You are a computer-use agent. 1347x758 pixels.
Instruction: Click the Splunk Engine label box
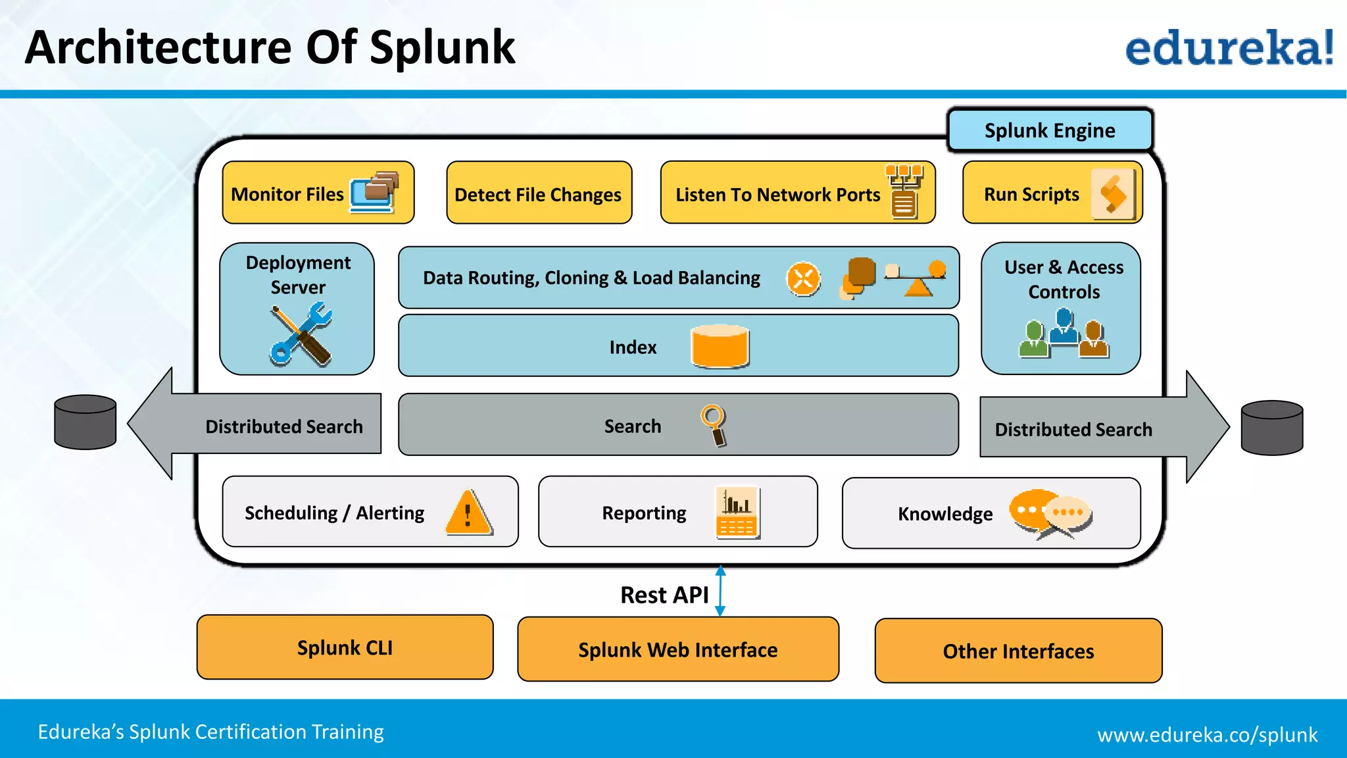1050,130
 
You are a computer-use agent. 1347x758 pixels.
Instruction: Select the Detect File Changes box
539,193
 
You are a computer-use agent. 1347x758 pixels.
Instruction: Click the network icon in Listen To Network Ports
904,191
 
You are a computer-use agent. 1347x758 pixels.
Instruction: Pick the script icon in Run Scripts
1113,194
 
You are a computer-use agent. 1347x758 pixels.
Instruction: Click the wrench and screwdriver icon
301,334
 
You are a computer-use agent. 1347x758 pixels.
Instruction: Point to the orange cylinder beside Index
720,346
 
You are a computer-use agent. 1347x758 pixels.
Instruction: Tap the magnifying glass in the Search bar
714,425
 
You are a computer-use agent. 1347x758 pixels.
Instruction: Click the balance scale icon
916,278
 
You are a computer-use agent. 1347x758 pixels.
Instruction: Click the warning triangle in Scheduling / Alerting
468,513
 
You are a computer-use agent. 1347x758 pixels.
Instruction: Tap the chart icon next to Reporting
737,513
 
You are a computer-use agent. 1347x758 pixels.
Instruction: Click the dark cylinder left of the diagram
86,422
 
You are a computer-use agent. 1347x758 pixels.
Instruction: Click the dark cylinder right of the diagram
1271,428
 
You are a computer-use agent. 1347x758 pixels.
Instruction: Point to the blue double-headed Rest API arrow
720,591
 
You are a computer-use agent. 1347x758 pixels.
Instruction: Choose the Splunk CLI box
345,647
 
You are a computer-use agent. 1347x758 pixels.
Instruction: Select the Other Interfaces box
1018,651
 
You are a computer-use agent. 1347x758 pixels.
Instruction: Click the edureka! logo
1229,48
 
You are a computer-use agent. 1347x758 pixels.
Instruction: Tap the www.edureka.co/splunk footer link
1207,734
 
